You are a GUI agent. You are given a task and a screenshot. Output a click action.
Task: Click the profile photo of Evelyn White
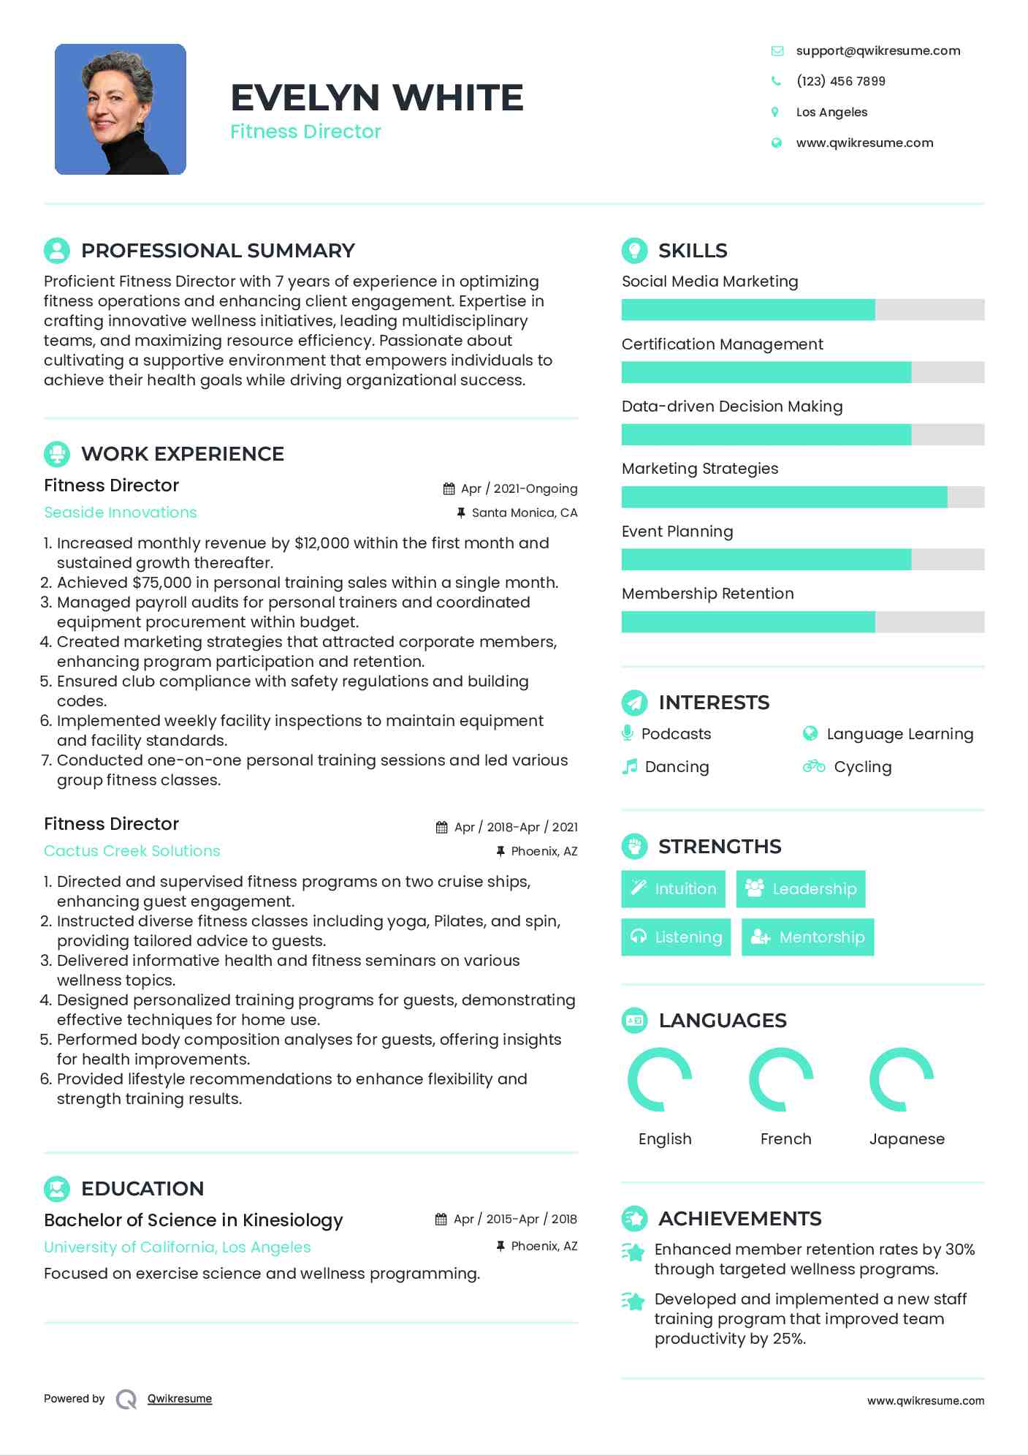tap(121, 110)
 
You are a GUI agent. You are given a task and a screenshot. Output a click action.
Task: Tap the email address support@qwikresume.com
tap(877, 50)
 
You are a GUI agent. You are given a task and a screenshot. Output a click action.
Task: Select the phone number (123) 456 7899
tap(840, 81)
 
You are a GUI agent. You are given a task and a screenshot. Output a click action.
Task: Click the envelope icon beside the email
tap(777, 50)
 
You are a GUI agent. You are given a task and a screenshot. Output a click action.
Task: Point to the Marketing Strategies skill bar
tap(802, 497)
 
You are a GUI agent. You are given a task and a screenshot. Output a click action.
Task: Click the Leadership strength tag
tap(800, 889)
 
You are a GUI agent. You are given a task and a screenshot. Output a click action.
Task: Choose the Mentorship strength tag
tap(807, 937)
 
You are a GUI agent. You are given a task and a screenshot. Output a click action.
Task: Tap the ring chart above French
tap(781, 1079)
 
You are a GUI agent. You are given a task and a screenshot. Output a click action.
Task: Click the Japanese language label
tap(907, 1139)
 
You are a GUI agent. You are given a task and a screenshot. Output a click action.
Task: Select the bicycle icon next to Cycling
tap(813, 766)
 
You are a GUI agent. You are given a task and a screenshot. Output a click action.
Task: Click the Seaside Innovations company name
tap(121, 513)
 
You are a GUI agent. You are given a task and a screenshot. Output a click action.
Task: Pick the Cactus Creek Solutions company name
tap(132, 851)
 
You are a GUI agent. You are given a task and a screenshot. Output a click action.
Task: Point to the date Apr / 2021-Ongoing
tap(519, 488)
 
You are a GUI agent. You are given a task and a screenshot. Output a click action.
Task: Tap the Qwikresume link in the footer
tap(179, 1399)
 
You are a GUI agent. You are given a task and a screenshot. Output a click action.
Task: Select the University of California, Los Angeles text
tap(177, 1247)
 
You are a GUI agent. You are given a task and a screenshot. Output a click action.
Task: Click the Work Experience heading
tap(182, 454)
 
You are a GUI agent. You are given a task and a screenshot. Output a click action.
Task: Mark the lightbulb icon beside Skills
tap(634, 250)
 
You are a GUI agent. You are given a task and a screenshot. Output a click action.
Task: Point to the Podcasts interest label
tap(676, 734)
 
